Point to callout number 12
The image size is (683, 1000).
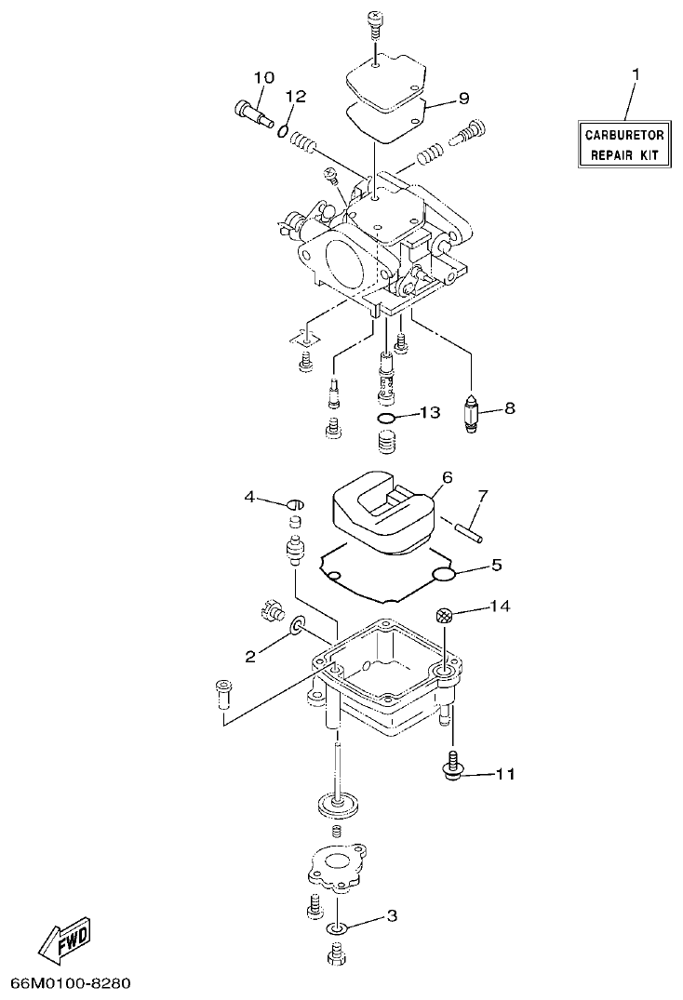click(x=295, y=97)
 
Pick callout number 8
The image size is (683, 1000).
click(x=509, y=407)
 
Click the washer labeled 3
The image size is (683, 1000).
click(x=336, y=928)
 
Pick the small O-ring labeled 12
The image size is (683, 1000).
click(x=282, y=130)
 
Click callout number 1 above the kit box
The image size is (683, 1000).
click(x=636, y=73)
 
